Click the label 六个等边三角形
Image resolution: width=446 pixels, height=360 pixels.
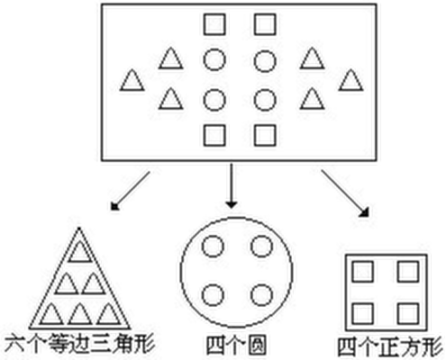coord(80,343)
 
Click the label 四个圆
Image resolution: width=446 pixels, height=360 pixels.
coord(236,345)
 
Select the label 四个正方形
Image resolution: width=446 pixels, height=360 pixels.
coord(390,346)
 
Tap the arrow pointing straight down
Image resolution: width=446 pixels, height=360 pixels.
coord(232,185)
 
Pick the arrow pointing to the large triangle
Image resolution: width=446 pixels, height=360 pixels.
coord(130,191)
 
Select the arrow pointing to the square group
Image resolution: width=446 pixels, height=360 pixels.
coord(345,193)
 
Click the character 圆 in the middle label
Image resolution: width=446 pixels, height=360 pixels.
coord(256,345)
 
